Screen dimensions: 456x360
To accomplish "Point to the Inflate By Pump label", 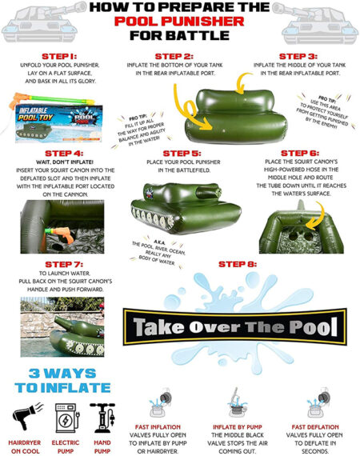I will coord(238,426).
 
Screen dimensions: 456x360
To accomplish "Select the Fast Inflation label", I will coord(165,426).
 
